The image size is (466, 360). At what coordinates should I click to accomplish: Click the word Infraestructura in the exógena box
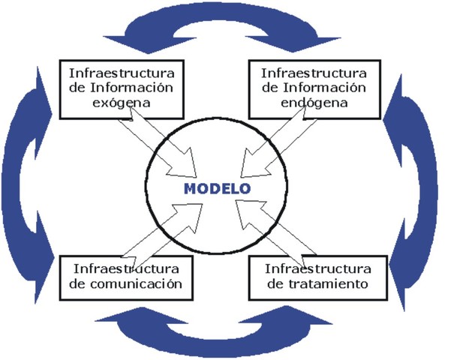coord(122,73)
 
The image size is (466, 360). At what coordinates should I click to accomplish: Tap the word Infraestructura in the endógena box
coord(313,73)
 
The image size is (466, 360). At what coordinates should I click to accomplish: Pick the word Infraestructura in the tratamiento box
coord(317,268)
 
